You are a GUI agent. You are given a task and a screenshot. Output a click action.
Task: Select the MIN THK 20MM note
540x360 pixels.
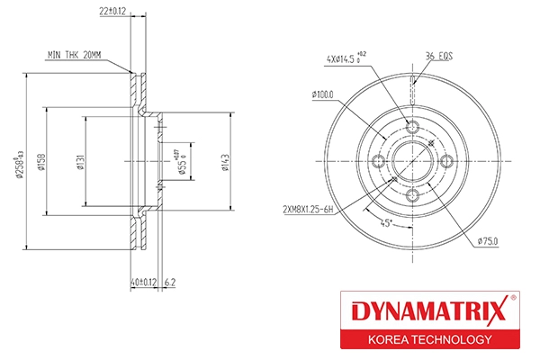[76, 56]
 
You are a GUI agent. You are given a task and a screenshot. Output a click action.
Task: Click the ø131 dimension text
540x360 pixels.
[81, 161]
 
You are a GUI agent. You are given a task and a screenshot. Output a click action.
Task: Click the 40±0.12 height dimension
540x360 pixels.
[143, 282]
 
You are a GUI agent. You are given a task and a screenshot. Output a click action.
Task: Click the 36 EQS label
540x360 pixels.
[439, 56]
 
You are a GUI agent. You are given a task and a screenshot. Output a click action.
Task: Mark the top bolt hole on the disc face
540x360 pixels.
[412, 127]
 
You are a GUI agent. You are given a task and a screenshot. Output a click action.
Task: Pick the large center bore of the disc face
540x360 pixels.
[412, 162]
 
